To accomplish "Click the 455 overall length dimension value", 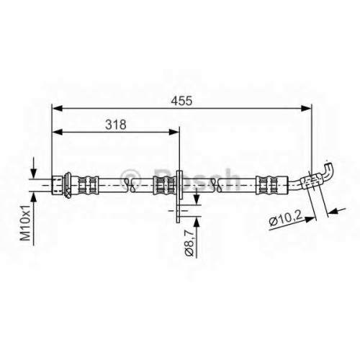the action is click(181, 100).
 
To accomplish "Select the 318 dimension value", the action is click(116, 125).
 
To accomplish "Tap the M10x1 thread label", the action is click(25, 223).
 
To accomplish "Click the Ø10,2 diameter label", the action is click(285, 220).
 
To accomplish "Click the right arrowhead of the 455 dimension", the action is click(307, 108).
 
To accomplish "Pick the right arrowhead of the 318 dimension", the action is click(174, 132).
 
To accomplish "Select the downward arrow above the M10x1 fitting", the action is click(34, 168).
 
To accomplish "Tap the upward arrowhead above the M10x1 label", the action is click(34, 197).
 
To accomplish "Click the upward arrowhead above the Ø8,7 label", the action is click(197, 222).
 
